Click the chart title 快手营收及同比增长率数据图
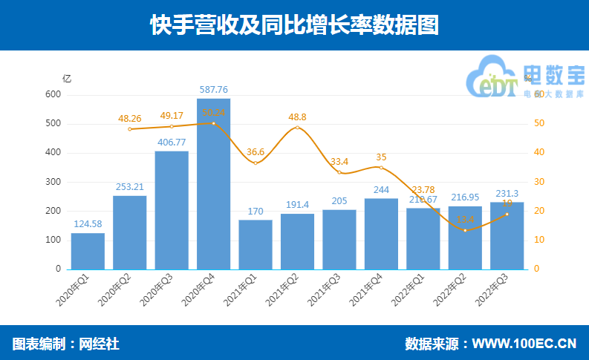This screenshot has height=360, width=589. point(294,25)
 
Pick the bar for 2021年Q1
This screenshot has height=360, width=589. point(256,244)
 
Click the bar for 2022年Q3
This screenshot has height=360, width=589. point(507,235)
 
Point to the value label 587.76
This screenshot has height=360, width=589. point(213,90)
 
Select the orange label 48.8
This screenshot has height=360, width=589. point(297,117)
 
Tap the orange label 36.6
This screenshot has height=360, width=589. point(256,152)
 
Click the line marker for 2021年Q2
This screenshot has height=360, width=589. point(297,128)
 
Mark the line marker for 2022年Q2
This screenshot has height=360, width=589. point(465,230)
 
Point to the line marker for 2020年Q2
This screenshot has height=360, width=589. point(129,129)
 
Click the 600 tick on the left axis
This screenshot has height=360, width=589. point(52,94)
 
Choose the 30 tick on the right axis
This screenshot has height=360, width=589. point(541,182)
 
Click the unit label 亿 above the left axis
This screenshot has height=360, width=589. point(67,78)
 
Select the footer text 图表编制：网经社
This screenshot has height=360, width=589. point(65,344)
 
